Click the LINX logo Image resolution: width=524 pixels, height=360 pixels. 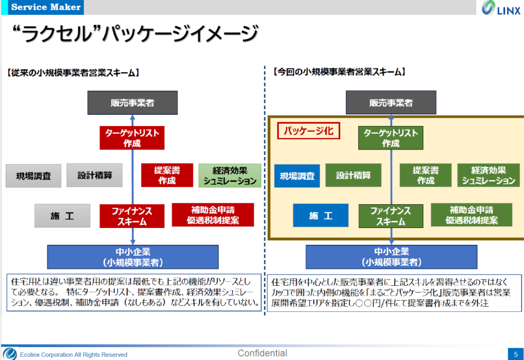click(501, 9)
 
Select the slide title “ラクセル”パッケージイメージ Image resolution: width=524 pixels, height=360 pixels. click(134, 35)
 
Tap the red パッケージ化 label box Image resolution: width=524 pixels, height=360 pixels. click(308, 131)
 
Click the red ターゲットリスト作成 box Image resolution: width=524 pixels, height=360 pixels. click(132, 138)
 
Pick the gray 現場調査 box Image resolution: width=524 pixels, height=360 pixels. click(33, 176)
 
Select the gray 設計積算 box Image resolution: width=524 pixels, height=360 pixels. click(95, 175)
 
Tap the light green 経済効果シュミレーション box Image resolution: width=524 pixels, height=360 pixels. click(230, 175)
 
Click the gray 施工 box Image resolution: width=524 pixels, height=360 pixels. click(62, 216)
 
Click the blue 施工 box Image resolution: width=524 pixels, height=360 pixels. click(320, 216)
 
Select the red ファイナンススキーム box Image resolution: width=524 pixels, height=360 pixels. click(132, 216)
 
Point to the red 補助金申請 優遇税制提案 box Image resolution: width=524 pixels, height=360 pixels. click(213, 215)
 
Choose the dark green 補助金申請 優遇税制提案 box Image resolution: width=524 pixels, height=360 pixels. click(471, 215)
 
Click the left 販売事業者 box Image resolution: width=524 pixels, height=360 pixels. click(132, 102)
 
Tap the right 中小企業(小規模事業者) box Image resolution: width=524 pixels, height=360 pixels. click(391, 257)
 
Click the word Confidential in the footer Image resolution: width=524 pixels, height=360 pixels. click(263, 353)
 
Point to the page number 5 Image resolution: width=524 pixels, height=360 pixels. click(515, 354)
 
